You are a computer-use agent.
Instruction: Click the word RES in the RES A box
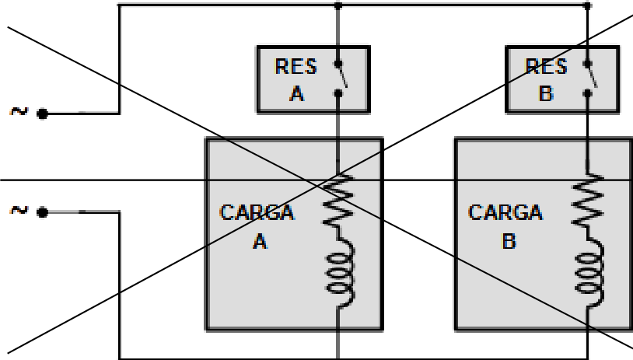296,66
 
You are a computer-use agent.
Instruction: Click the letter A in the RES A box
297,93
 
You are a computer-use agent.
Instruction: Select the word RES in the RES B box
546,66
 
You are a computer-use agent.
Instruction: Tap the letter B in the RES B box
546,93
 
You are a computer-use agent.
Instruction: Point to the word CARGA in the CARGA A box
257,213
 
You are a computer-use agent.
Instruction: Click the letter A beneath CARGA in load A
261,241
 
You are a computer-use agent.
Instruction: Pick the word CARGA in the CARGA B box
505,213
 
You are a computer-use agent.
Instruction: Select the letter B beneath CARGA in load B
509,241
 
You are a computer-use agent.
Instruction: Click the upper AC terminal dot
43,114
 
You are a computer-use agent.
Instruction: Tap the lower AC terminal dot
43,212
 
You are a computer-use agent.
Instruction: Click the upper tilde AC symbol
19,111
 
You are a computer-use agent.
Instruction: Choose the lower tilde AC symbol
19,210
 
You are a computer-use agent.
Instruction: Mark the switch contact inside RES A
341,79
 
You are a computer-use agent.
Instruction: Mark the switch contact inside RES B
589,79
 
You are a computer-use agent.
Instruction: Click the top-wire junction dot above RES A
338,5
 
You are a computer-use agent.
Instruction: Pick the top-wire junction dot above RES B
588,5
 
